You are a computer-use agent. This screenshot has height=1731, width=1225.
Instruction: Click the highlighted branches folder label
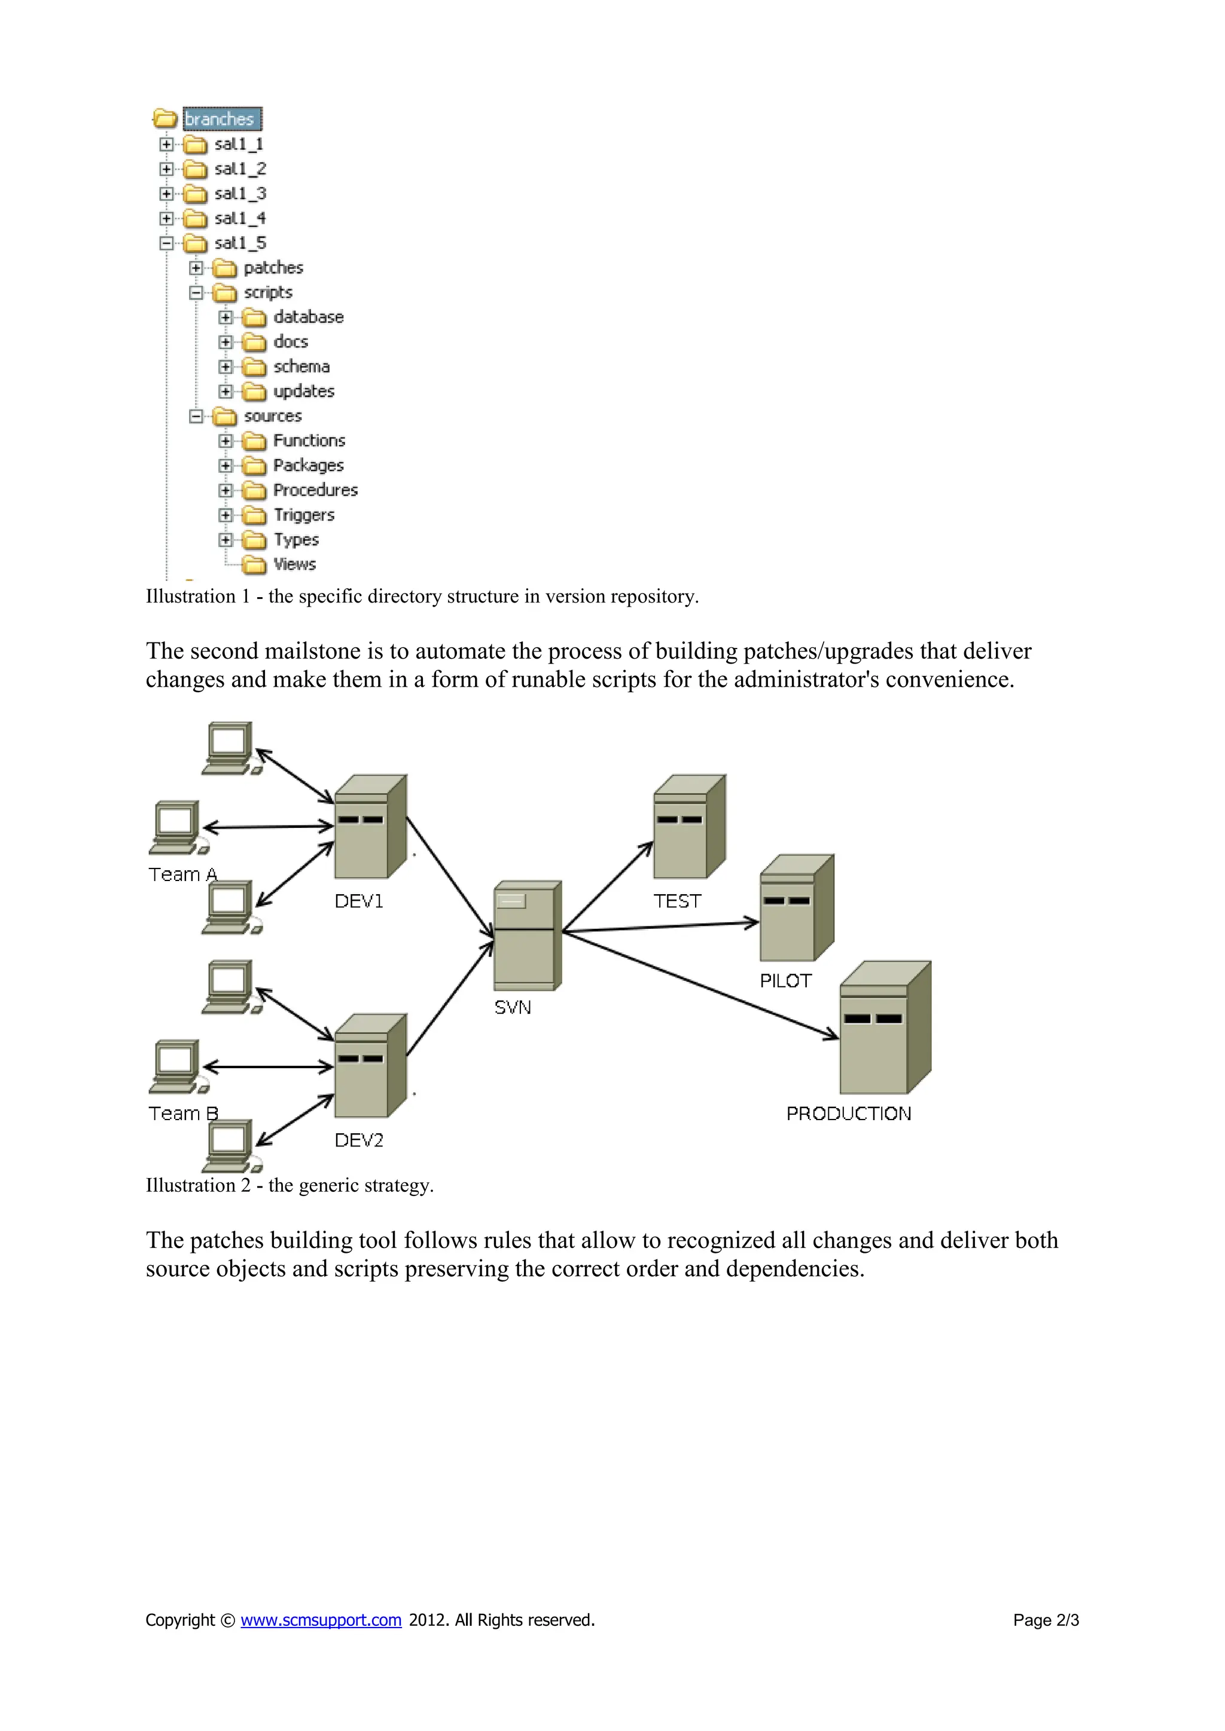click(220, 119)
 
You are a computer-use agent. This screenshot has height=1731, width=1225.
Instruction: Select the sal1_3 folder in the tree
click(240, 194)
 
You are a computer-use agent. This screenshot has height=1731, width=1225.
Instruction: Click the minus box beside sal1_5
click(166, 243)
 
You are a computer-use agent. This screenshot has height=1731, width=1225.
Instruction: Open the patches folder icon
click(224, 268)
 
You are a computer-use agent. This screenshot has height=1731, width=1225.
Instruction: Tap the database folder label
click(308, 317)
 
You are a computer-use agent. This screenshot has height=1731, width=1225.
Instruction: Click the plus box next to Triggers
click(225, 515)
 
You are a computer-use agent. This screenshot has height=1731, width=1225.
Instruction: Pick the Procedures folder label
click(315, 490)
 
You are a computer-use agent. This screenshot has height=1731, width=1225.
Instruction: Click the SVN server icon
click(527, 935)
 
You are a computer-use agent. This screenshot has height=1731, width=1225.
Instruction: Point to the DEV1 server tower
click(370, 827)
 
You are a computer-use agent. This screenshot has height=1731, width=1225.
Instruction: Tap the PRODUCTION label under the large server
click(849, 1114)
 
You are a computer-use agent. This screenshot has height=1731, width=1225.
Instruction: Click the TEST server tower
click(688, 827)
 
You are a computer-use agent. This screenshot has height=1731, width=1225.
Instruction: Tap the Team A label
click(182, 874)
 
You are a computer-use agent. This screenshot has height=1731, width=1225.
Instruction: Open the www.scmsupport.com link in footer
click(321, 1620)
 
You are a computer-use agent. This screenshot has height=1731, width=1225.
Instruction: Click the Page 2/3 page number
click(1046, 1620)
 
